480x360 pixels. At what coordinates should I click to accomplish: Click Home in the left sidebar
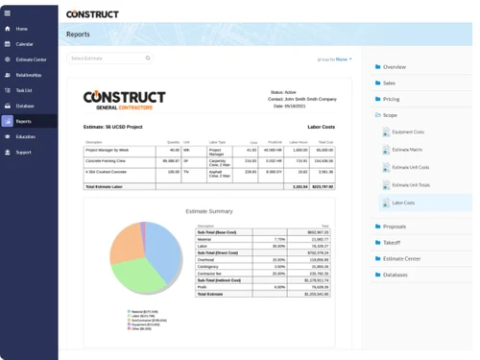(22, 29)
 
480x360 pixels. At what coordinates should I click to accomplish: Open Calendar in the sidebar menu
(24, 44)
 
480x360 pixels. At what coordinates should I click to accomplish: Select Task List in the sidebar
(25, 90)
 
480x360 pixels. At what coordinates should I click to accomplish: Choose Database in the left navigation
(25, 106)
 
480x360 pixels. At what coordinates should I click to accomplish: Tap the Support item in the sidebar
(24, 152)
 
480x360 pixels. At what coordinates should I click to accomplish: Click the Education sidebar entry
(26, 136)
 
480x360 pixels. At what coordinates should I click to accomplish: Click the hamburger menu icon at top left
(8, 12)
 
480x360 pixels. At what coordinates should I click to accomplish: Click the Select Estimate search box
(109, 59)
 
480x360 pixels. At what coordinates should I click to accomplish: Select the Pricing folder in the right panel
(391, 99)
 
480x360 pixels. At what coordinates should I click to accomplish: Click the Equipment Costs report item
(409, 132)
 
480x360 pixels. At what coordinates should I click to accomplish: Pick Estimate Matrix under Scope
(408, 151)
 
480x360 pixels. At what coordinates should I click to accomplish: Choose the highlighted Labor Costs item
(404, 203)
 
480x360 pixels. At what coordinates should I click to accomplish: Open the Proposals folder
(394, 227)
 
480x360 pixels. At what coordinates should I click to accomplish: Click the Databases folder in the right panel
(395, 275)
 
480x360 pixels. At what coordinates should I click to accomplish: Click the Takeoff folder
(391, 243)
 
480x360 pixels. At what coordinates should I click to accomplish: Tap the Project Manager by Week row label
(107, 150)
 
